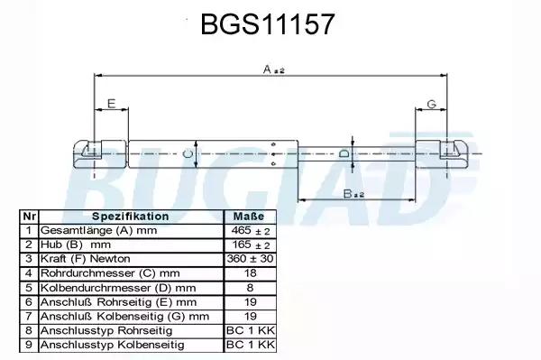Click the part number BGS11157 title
tap(268, 24)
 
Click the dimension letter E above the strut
tap(111, 103)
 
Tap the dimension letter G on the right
tap(432, 104)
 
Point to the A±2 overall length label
tap(273, 70)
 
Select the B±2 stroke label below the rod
tap(353, 194)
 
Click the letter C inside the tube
tap(187, 154)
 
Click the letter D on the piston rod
tap(344, 153)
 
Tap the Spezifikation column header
tap(131, 217)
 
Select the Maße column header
tap(249, 217)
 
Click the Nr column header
tap(29, 217)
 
